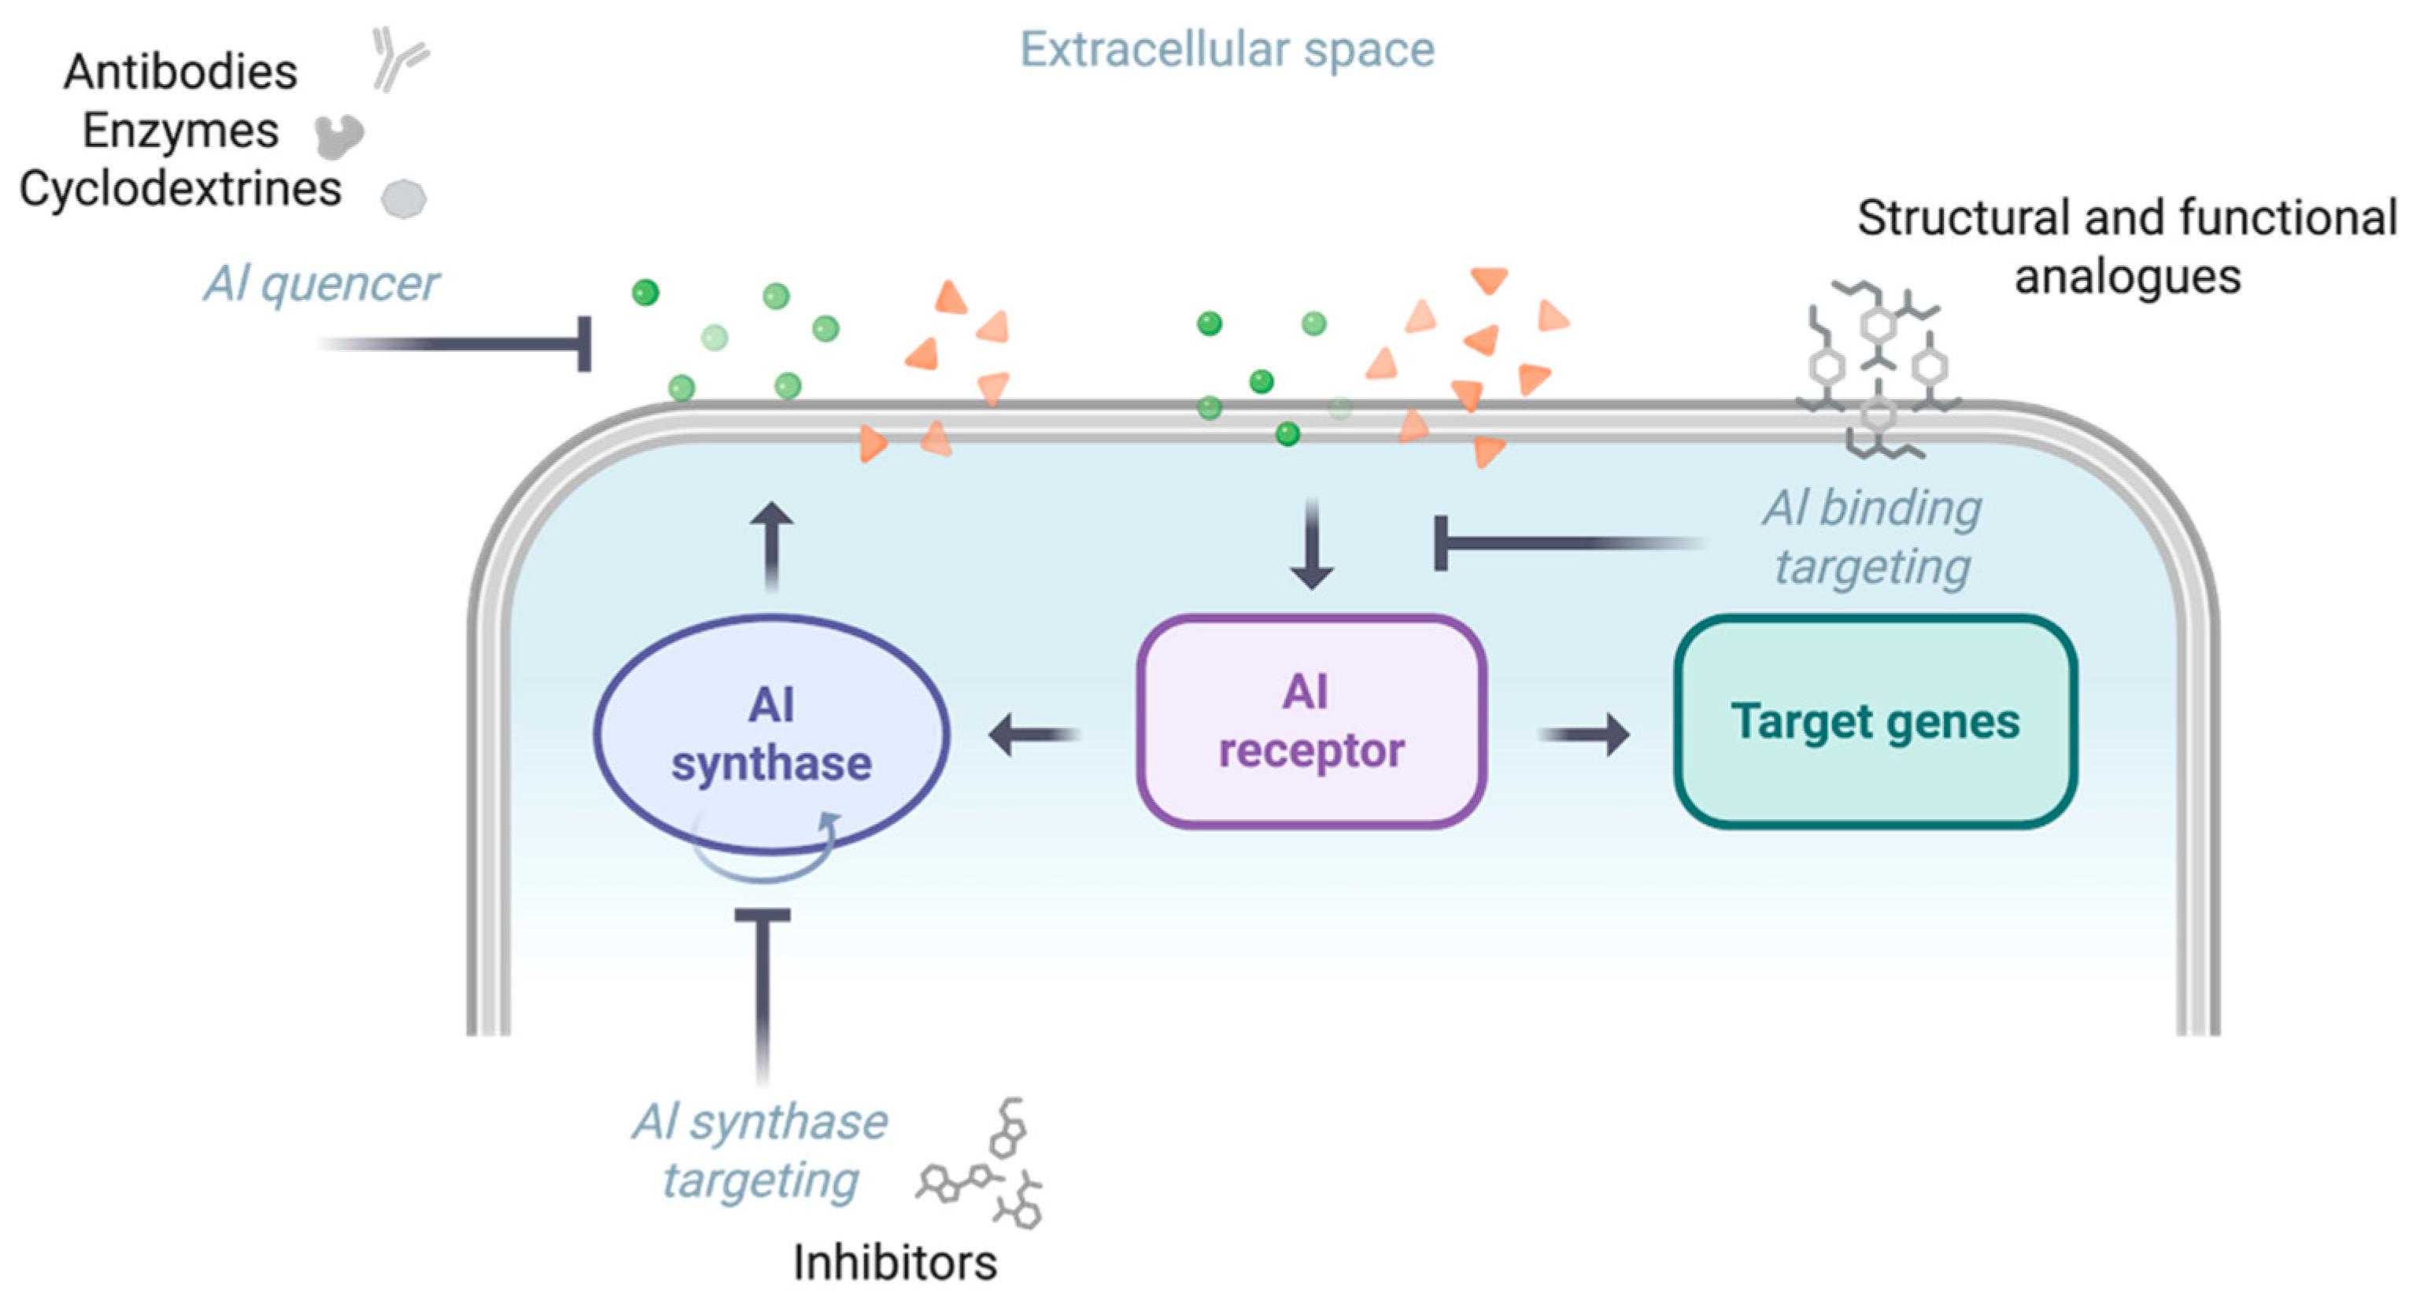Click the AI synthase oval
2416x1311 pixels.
click(x=771, y=733)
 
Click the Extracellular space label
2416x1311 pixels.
click(x=1227, y=49)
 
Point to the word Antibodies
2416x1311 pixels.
click(x=180, y=72)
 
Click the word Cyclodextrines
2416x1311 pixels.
click(x=180, y=189)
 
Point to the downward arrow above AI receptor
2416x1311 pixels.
click(x=1311, y=544)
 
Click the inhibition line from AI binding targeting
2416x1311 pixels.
click(x=1557, y=543)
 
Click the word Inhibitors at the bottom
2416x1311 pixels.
click(x=895, y=1262)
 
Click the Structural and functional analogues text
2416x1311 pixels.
click(x=2126, y=246)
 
